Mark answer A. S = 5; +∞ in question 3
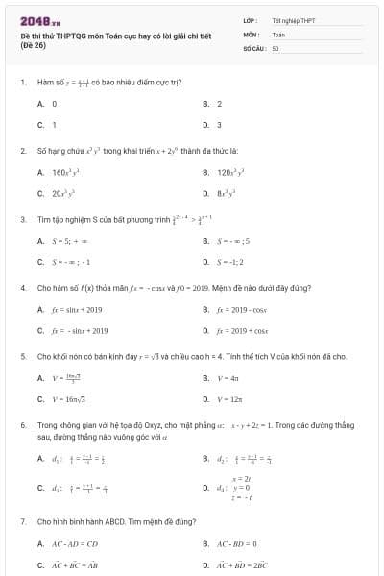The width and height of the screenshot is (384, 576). (x=62, y=240)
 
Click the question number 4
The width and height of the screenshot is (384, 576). (x=22, y=287)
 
